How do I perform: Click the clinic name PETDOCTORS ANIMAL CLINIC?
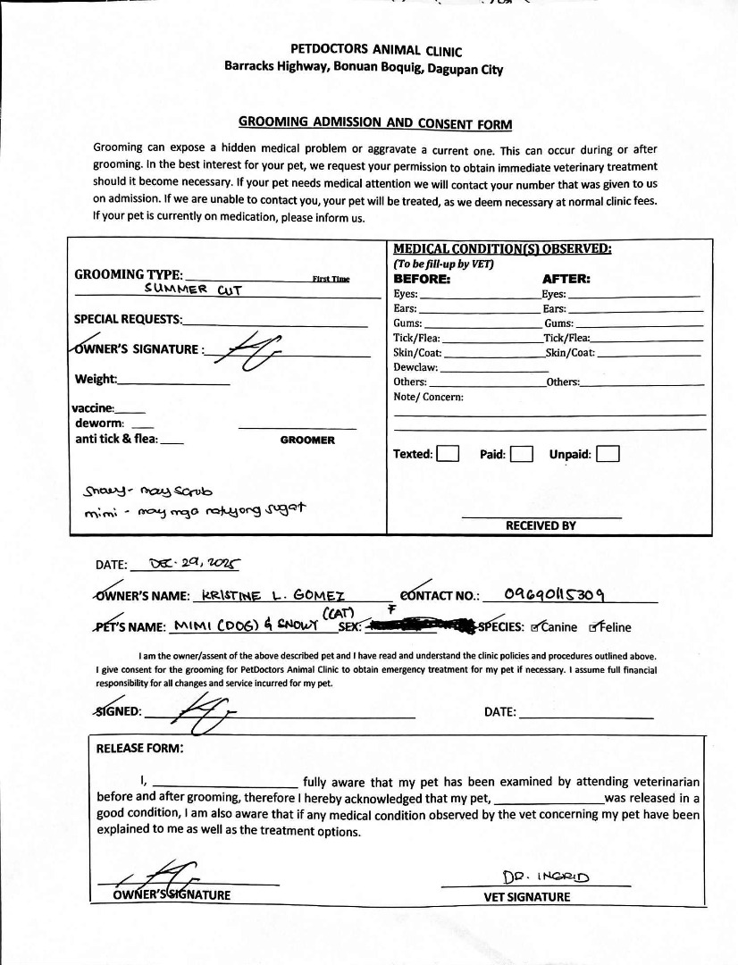[x=376, y=51]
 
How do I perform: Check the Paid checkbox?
[x=522, y=454]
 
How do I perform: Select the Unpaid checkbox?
[x=608, y=454]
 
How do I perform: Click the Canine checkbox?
[x=535, y=627]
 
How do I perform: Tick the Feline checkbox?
[x=594, y=627]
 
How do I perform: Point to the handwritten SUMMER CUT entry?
[x=194, y=289]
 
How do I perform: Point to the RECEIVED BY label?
[x=541, y=525]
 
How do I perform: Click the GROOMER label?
[x=307, y=440]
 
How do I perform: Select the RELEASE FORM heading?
[x=139, y=749]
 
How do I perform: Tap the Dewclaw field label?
[x=415, y=367]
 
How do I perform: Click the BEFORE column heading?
[x=422, y=279]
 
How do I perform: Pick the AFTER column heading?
[x=566, y=279]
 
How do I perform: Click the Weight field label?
[x=96, y=379]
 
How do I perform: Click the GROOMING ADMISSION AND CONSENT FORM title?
[x=375, y=122]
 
